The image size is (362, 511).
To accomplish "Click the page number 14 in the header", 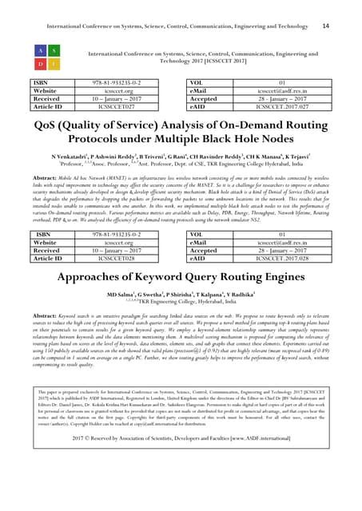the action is point(324,26).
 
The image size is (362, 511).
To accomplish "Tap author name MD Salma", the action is point(111,297).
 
